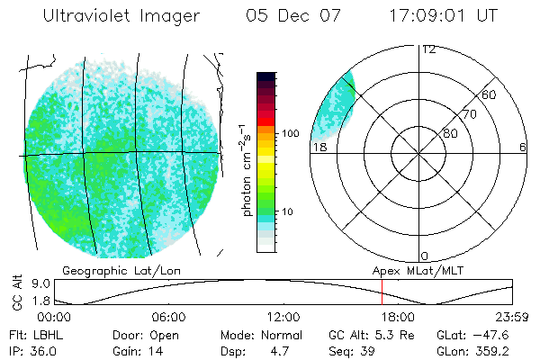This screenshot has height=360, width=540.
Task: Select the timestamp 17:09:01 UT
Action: coord(443,16)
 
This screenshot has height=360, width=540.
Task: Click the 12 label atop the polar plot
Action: coord(428,49)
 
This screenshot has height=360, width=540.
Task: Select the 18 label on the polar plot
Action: coord(319,147)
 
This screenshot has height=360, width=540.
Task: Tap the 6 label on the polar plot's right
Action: coord(523,147)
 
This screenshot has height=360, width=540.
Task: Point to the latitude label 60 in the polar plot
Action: coord(489,94)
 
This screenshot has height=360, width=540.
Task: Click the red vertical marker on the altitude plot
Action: coord(382,292)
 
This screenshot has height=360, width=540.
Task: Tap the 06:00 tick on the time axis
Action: coord(168,317)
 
